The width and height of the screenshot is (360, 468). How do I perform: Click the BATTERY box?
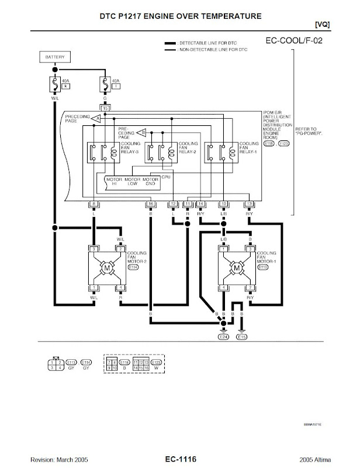pyautogui.click(x=55, y=57)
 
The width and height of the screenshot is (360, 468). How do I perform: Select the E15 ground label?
pyautogui.click(x=241, y=337)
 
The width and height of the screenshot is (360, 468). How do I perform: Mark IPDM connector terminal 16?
pyautogui.click(x=151, y=204)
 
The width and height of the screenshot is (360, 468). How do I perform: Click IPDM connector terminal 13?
pyautogui.click(x=249, y=204)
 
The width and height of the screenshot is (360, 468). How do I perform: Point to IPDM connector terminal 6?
pyautogui.click(x=94, y=204)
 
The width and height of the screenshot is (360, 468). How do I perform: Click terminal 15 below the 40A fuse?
pyautogui.click(x=105, y=108)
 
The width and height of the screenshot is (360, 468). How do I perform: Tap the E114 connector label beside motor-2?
pyautogui.click(x=133, y=268)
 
